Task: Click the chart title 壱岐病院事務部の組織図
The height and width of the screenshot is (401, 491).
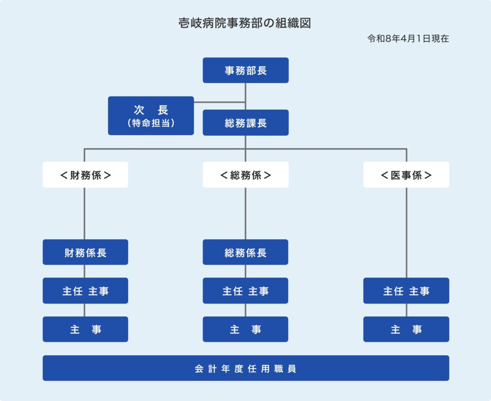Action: tap(245, 24)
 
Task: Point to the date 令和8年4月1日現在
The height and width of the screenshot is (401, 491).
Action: tap(408, 39)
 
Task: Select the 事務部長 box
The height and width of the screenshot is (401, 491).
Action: tap(245, 71)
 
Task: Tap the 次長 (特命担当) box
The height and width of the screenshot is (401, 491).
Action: tap(151, 116)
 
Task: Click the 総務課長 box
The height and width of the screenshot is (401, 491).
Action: tap(245, 123)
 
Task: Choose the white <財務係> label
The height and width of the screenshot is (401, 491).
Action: tap(85, 175)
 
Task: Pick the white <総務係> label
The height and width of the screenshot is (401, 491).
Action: tap(245, 175)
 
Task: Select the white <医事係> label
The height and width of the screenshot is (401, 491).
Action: tap(406, 175)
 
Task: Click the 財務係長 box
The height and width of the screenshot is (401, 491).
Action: tap(85, 252)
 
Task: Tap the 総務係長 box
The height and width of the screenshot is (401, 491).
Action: tap(245, 252)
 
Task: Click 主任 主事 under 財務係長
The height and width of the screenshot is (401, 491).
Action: tap(85, 291)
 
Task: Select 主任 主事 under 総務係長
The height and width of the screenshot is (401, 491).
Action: tap(245, 291)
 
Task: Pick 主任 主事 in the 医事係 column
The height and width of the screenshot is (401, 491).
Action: tap(406, 291)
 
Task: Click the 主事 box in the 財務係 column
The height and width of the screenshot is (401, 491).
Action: tap(85, 329)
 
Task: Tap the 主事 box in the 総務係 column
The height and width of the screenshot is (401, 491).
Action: tap(245, 329)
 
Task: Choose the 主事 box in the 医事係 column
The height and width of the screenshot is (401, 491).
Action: tap(406, 329)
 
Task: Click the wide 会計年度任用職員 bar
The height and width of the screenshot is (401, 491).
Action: tap(245, 368)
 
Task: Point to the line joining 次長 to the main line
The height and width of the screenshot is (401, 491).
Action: tap(220, 102)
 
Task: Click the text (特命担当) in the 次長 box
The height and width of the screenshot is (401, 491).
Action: tap(151, 123)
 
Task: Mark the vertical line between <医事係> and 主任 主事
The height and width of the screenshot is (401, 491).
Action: tap(407, 233)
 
